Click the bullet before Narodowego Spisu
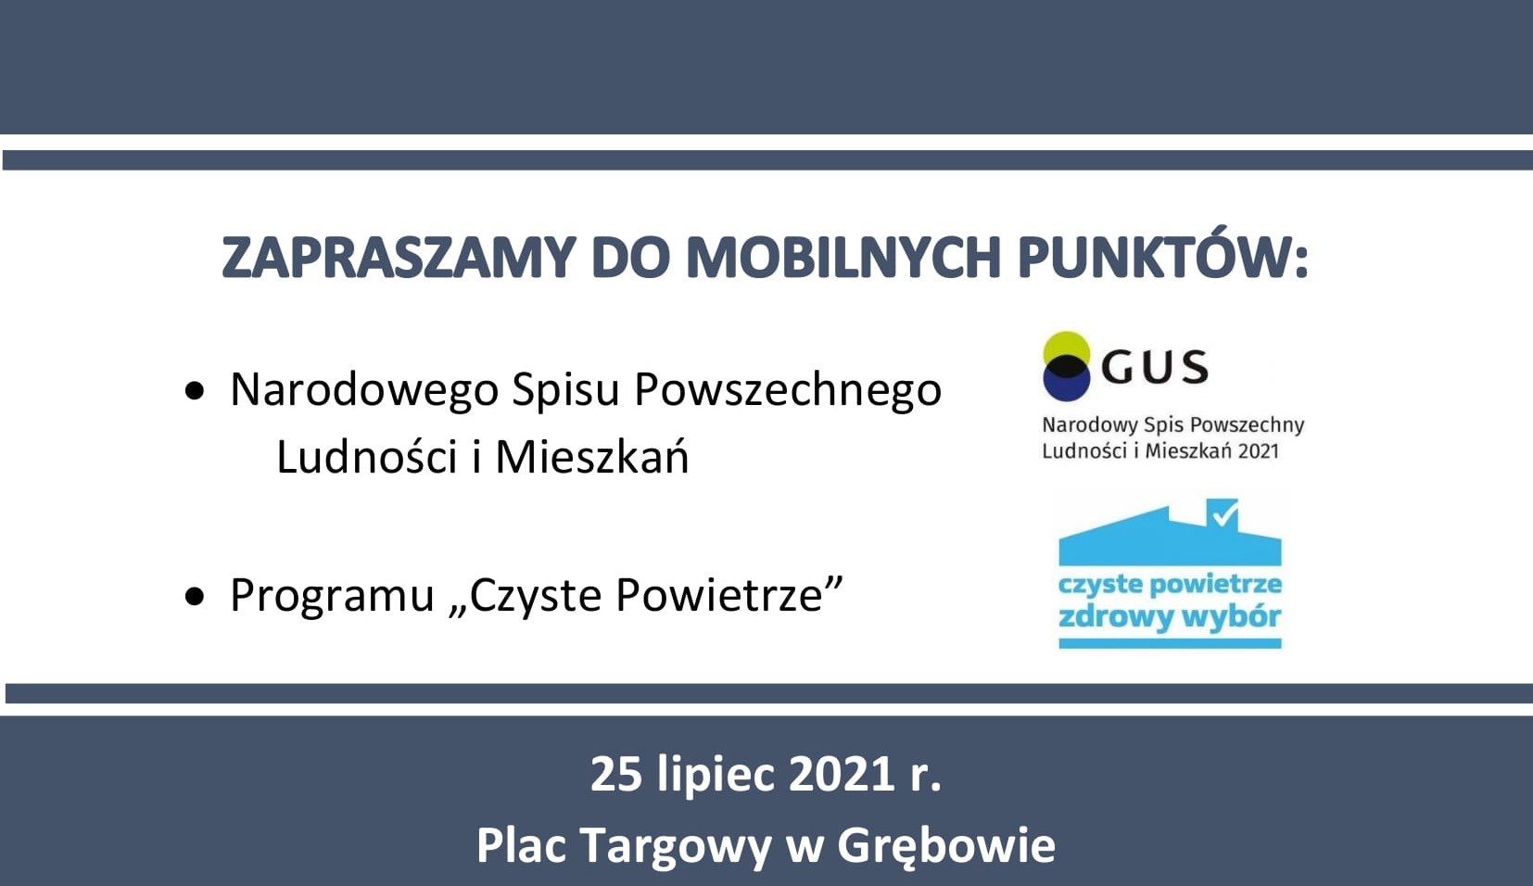coord(195,391)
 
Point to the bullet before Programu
coord(195,596)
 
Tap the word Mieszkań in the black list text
coord(592,455)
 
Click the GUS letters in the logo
coord(1155,367)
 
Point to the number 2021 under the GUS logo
coord(1257,450)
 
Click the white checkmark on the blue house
coord(1223,513)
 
